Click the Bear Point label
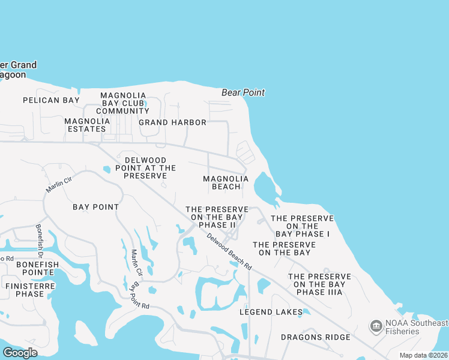[243, 92]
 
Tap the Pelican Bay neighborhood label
[51, 100]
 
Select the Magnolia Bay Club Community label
[123, 103]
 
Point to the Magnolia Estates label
[87, 125]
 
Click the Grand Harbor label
[172, 122]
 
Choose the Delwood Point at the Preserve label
[146, 164]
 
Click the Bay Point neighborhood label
[95, 206]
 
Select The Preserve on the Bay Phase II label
[217, 217]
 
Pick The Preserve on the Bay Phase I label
[303, 226]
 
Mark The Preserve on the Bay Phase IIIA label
[319, 284]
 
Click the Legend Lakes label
[271, 312]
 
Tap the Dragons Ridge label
[315, 337]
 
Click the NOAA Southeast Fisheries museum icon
[376, 326]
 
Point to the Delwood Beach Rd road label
[229, 250]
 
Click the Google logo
[20, 352]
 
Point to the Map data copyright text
[423, 355]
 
